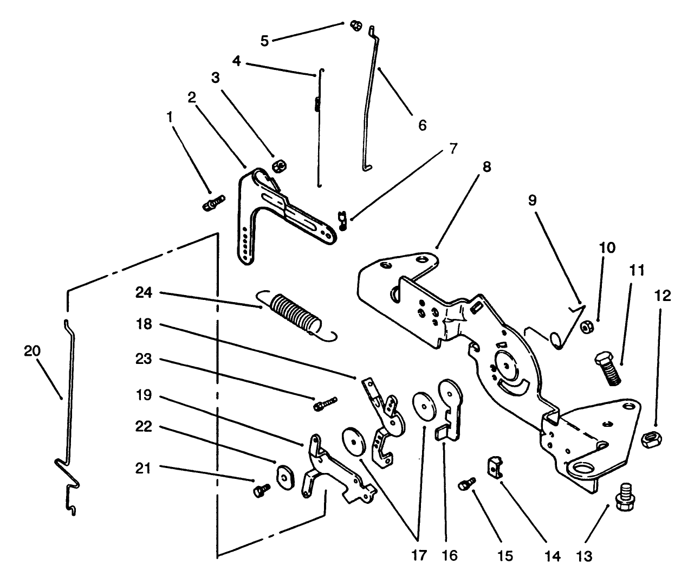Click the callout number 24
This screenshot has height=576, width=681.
coord(144,293)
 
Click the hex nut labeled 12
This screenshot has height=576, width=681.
coord(648,438)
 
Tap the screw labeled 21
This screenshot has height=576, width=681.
coord(259,490)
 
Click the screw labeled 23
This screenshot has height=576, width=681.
coord(325,403)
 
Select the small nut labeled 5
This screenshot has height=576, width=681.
coord(356,25)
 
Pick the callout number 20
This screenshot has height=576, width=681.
coord(33,351)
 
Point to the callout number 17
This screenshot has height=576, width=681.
coord(419,556)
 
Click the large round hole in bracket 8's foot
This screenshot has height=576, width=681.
coord(585,468)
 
